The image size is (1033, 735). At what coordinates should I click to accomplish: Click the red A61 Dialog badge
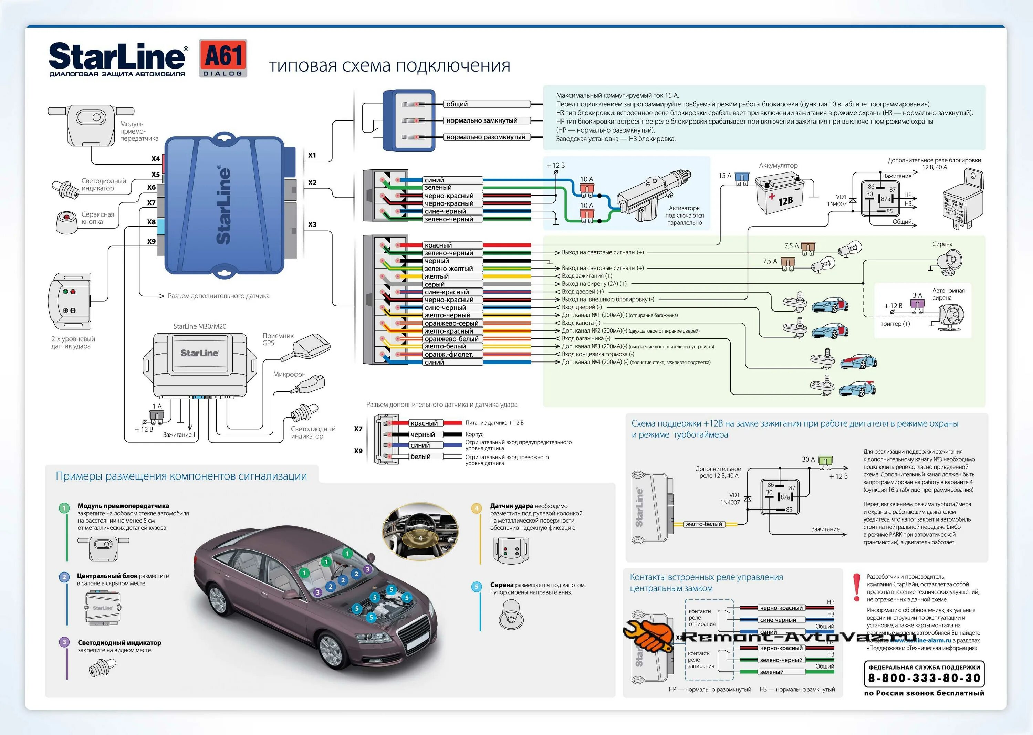click(x=223, y=58)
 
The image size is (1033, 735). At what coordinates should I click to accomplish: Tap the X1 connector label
click(x=312, y=155)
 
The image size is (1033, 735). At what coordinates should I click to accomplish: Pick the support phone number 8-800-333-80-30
click(x=924, y=678)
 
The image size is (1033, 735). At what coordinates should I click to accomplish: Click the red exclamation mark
click(x=856, y=587)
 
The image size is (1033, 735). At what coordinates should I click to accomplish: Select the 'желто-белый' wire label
click(x=703, y=524)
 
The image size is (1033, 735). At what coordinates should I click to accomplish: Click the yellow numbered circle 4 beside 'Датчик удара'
click(x=476, y=508)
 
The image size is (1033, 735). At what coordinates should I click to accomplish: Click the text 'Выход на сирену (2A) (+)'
click(x=594, y=284)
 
